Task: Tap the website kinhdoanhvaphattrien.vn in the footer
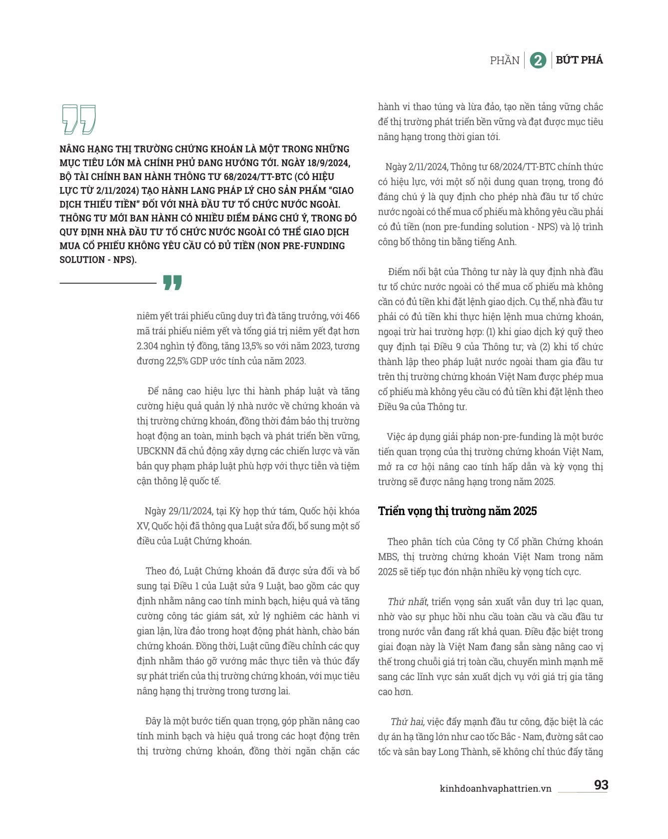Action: (x=495, y=788)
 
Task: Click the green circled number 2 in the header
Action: (x=538, y=60)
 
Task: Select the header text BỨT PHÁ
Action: (x=579, y=60)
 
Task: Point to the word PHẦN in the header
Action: (x=505, y=60)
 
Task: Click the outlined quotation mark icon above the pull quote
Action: (x=78, y=119)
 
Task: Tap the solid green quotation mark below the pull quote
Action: (x=172, y=282)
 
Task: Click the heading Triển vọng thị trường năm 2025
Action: (x=457, y=511)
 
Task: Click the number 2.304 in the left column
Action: (x=149, y=346)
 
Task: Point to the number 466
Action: (x=352, y=316)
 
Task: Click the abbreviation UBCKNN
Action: (x=155, y=451)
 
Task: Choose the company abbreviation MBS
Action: (x=388, y=556)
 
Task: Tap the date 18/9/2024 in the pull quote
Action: (x=326, y=162)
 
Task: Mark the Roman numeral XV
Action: (x=143, y=526)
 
